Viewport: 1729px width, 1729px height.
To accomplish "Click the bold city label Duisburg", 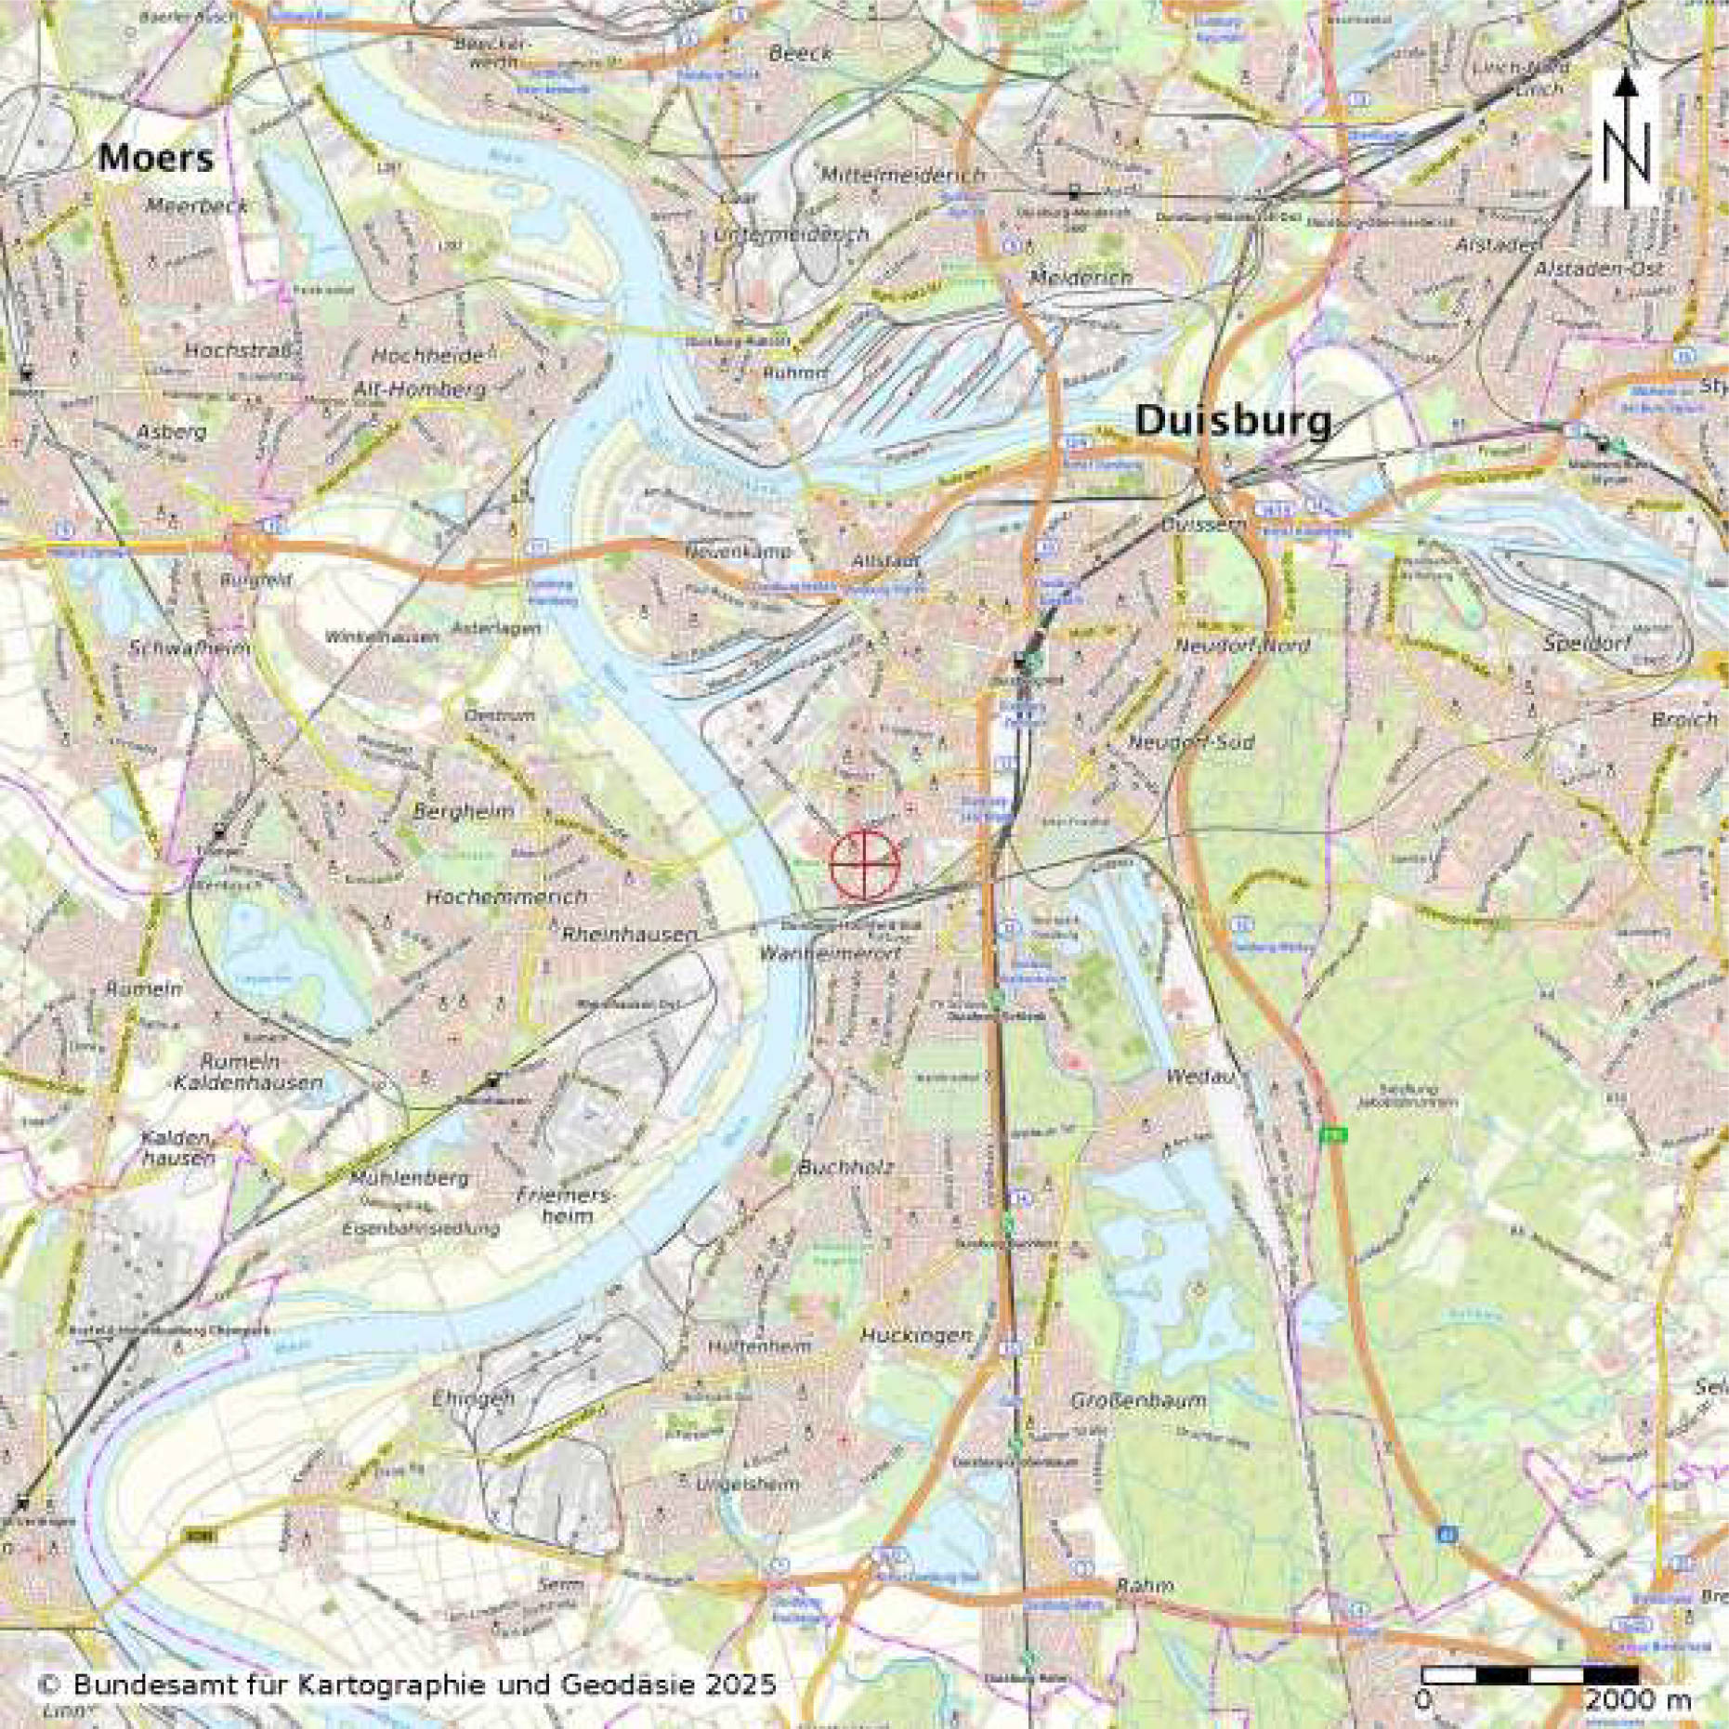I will pyautogui.click(x=1233, y=423).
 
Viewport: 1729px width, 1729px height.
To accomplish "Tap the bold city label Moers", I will pyautogui.click(x=155, y=159).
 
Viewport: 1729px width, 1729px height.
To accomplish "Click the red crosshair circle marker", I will pyautogui.click(x=865, y=865).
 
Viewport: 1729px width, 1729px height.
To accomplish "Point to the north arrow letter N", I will pyautogui.click(x=1625, y=154).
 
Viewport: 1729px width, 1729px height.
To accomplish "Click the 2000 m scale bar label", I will pyautogui.click(x=1638, y=1701).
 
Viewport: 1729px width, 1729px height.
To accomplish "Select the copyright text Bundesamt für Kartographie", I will pyautogui.click(x=406, y=1684).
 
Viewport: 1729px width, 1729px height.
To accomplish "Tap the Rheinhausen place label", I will pyautogui.click(x=630, y=934).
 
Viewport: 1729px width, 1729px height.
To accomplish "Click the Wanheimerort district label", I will pyautogui.click(x=830, y=953).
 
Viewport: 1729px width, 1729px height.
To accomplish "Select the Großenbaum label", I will pyautogui.click(x=1138, y=1399).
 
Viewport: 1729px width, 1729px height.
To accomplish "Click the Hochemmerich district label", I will pyautogui.click(x=506, y=897).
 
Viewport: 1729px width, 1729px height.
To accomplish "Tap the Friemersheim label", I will pyautogui.click(x=565, y=1205).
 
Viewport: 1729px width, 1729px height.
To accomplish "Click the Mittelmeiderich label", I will pyautogui.click(x=902, y=175).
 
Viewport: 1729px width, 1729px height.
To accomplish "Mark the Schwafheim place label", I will pyautogui.click(x=191, y=648).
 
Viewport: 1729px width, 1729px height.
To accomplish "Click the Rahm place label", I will pyautogui.click(x=1145, y=1586).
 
